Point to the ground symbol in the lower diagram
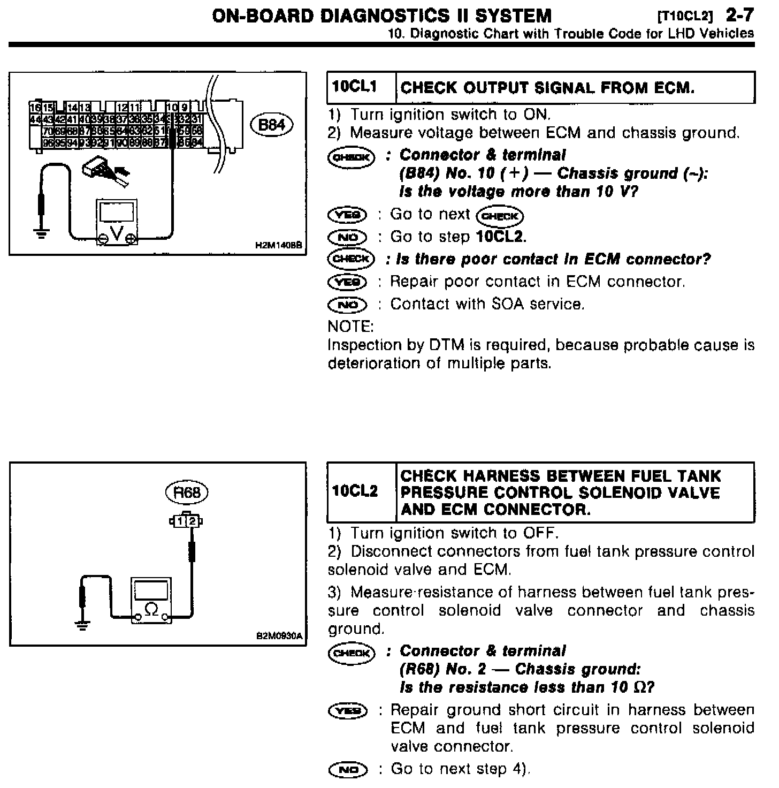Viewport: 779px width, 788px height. (x=82, y=624)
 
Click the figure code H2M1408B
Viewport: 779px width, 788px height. (x=279, y=245)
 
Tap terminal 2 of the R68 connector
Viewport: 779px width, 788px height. (x=191, y=520)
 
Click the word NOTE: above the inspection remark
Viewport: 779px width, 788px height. (x=350, y=326)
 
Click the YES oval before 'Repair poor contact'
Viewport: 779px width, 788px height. (x=347, y=282)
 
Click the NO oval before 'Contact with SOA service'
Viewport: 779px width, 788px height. (x=347, y=304)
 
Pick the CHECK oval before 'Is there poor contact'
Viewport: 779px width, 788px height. (x=351, y=259)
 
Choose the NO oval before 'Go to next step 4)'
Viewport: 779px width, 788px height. (x=348, y=770)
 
